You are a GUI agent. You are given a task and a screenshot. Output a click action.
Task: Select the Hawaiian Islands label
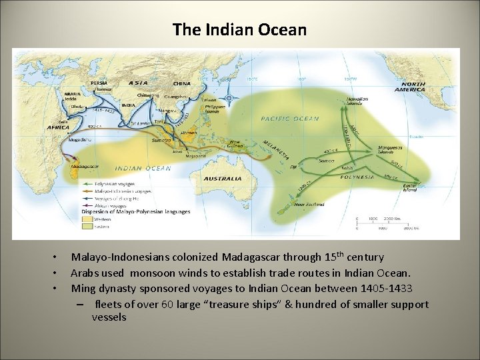tap(357, 100)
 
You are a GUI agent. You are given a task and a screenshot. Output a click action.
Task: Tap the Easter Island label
tap(410, 188)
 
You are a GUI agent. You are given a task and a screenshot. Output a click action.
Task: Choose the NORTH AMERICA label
tap(409, 87)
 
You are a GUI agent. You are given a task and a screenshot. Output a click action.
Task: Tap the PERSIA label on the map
tap(99, 83)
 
